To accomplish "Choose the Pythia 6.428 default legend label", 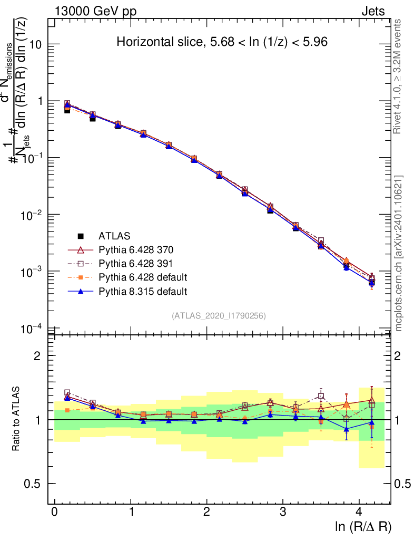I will tap(143, 277).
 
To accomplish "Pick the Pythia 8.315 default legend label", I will tap(143, 291).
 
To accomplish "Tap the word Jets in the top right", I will tap(373, 11).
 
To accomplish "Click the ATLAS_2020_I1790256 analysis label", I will tap(218, 316).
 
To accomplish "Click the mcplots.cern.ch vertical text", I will tap(399, 253).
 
